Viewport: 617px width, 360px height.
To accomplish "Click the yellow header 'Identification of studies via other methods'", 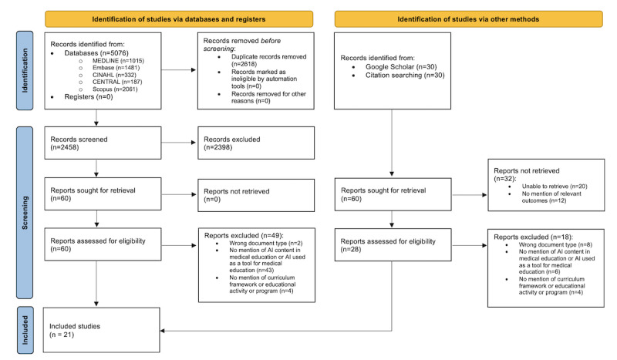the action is [468, 19].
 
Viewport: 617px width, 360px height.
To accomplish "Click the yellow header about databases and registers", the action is [179, 19].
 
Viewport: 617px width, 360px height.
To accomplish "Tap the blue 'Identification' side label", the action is [25, 70].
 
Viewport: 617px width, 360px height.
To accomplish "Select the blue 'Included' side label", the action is [25, 330].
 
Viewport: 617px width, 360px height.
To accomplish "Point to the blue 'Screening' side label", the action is [25, 213].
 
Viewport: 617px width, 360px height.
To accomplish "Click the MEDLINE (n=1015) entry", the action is [118, 61].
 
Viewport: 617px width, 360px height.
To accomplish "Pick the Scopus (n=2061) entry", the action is [115, 89].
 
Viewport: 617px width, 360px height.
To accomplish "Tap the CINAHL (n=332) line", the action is [114, 75].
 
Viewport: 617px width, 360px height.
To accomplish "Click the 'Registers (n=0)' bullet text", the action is [89, 97].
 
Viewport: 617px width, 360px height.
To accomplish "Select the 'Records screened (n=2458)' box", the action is [103, 143].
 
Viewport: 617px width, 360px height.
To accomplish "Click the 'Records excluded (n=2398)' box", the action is [256, 143].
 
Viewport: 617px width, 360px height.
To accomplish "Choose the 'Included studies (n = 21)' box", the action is [102, 330].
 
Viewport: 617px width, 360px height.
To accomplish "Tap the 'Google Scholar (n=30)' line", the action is [401, 67].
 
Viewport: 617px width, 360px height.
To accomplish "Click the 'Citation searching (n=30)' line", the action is [405, 75].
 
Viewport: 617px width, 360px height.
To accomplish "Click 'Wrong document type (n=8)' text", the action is [555, 244].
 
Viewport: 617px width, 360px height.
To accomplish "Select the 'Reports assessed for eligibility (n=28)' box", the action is [393, 244].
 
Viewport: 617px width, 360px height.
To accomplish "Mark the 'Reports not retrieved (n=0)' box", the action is [256, 195].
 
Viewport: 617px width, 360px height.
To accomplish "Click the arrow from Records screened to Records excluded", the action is [179, 143].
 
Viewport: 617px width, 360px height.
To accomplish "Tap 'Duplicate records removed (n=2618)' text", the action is [268, 60].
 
